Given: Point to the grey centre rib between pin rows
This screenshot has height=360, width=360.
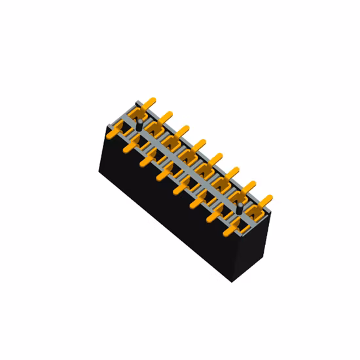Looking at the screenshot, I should click(190, 164).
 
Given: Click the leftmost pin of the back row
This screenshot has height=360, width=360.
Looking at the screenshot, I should click(148, 103).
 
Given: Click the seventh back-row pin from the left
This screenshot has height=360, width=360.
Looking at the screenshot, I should click(249, 186).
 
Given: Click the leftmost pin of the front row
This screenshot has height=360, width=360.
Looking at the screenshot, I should click(113, 134).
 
